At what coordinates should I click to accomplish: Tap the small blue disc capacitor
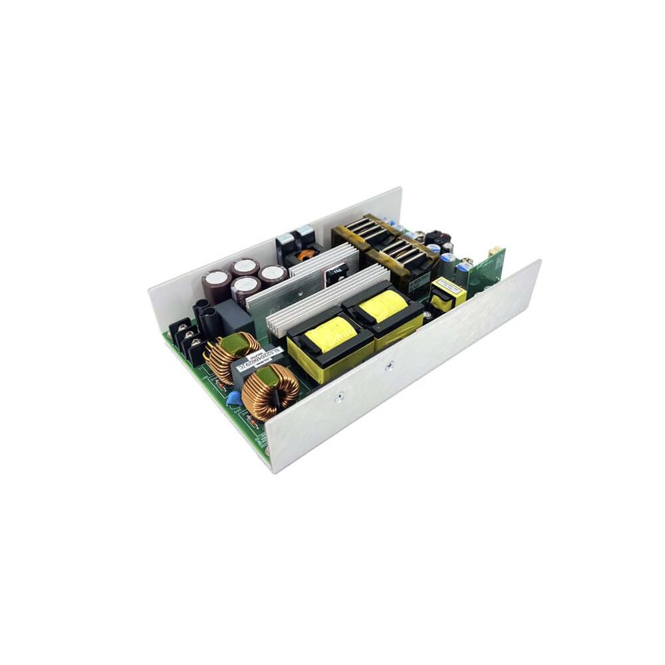click(233, 398)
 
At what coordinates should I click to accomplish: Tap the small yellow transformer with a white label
click(448, 293)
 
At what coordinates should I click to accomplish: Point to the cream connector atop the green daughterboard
click(495, 252)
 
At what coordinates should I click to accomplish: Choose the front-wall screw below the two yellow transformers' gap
click(390, 364)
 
